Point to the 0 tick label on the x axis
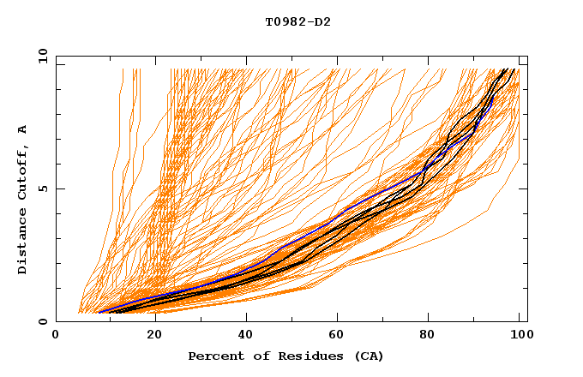[x=56, y=336]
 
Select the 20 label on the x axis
[x=148, y=336]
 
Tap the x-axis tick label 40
[x=242, y=336]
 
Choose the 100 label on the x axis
[x=520, y=336]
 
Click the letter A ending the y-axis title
[x=23, y=130]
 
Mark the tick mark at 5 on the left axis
[x=59, y=188]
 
